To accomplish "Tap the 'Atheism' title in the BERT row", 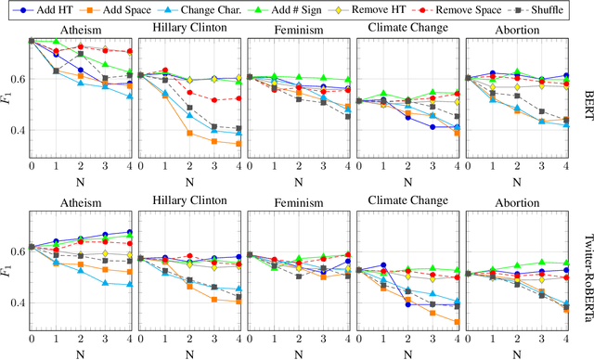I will (x=79, y=30).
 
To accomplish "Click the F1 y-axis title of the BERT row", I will (x=6, y=91).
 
